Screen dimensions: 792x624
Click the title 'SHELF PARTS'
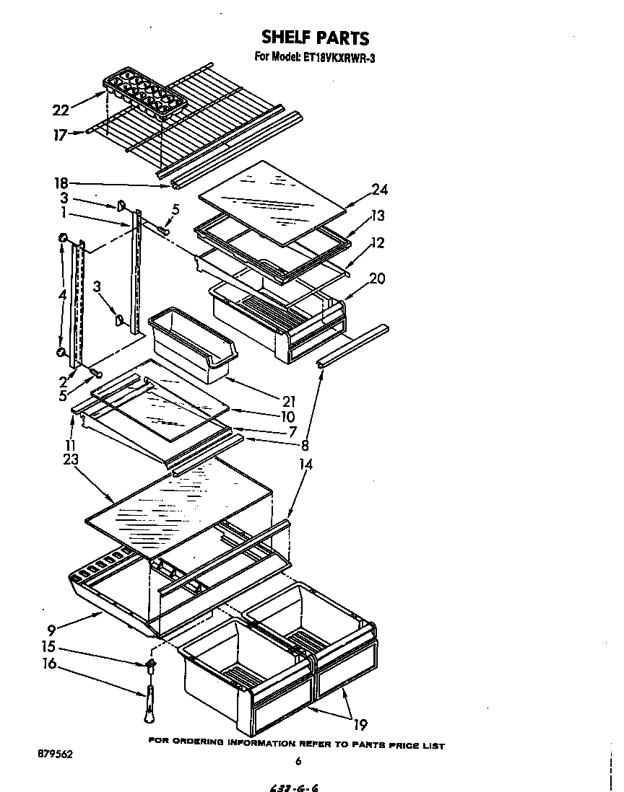coord(315,38)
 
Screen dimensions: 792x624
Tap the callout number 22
coord(61,110)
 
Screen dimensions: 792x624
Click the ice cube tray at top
coord(144,94)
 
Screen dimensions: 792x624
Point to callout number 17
coord(61,134)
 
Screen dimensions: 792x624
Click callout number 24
coord(379,190)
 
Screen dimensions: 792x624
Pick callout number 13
coord(378,216)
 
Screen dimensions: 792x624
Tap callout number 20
coord(377,278)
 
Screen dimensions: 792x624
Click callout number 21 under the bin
coord(288,401)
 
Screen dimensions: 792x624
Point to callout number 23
coord(71,458)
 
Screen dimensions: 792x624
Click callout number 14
coord(305,465)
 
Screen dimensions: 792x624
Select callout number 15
coord(49,647)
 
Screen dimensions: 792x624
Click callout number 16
coord(49,664)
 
